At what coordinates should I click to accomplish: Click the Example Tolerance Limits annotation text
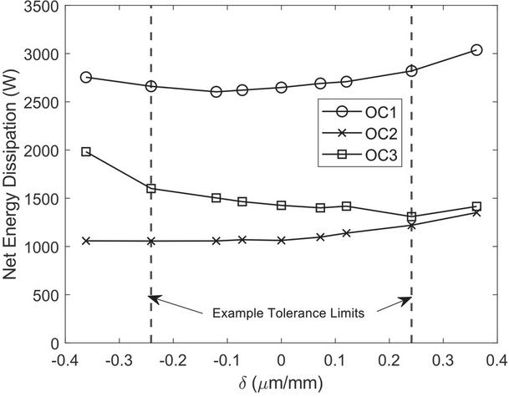point(282,313)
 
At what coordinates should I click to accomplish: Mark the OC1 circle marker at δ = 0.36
point(476,50)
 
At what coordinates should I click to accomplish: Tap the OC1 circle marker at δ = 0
point(282,87)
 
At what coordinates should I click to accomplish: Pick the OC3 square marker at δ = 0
point(282,205)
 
